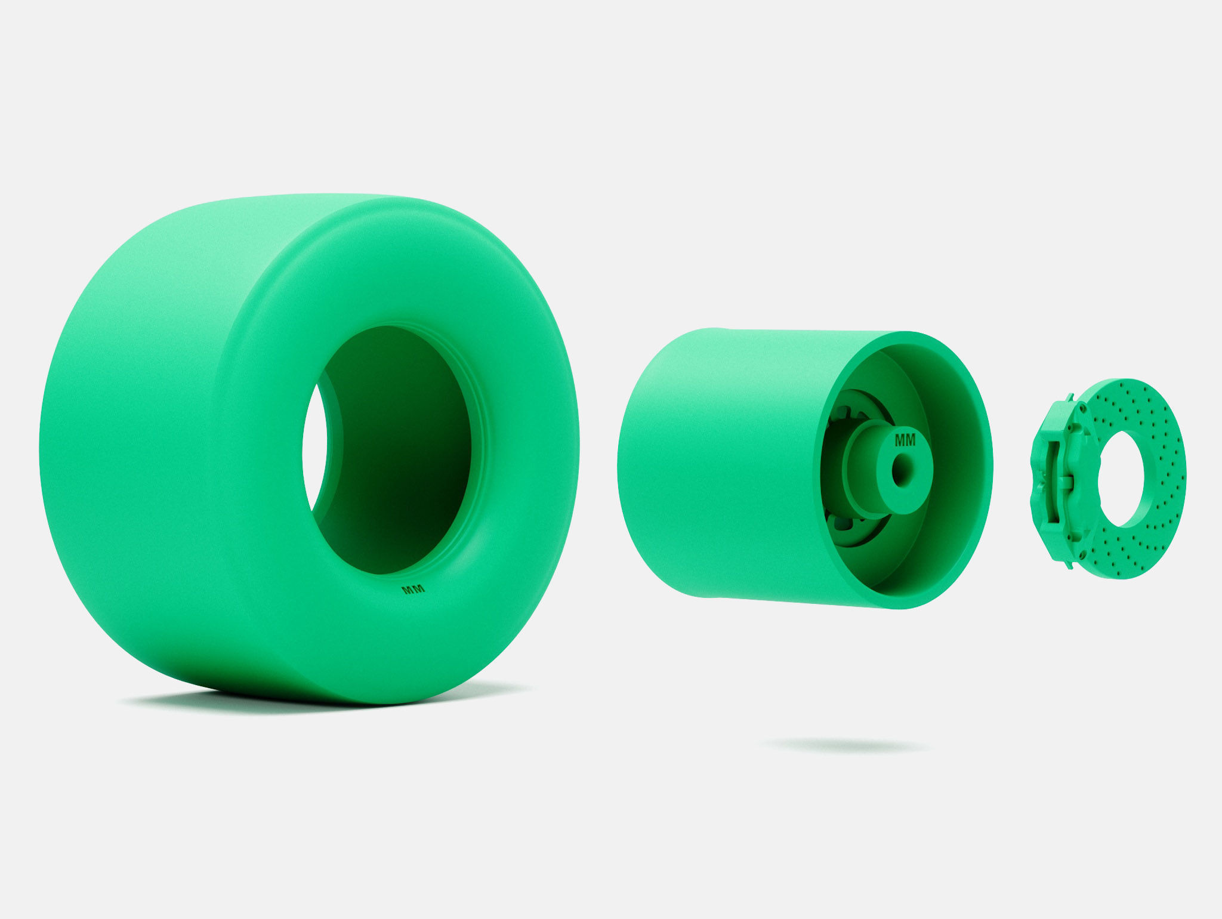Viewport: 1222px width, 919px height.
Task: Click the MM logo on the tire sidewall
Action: click(x=413, y=590)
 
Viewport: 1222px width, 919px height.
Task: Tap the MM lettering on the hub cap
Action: click(x=905, y=441)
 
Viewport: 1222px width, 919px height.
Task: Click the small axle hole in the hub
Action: click(x=900, y=471)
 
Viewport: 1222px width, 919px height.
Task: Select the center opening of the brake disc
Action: click(x=1122, y=479)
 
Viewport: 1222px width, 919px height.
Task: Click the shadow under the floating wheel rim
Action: click(x=844, y=745)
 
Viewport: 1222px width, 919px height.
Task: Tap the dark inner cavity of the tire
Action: click(x=406, y=454)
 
